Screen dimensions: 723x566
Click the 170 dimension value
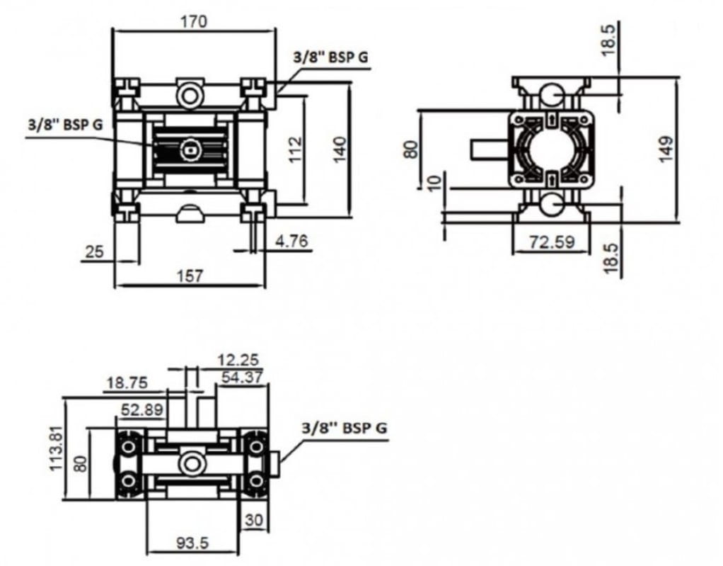point(194,21)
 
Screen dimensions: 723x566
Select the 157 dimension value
point(190,276)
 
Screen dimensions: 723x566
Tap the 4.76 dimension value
point(291,241)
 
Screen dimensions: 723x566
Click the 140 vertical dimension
point(340,149)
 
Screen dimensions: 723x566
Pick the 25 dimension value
point(95,251)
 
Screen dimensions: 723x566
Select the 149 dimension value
point(666,149)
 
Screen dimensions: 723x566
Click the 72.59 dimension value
point(552,242)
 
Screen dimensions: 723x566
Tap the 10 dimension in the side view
point(434,183)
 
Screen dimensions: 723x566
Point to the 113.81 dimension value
point(56,448)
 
